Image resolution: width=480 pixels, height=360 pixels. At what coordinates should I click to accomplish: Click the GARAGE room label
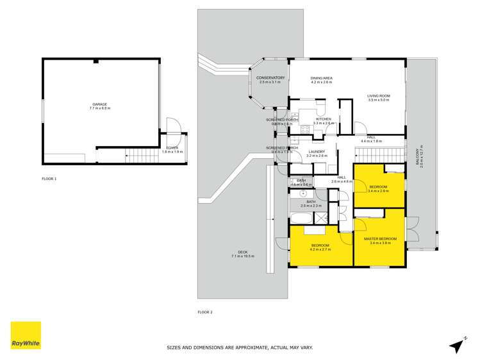[x=99, y=104]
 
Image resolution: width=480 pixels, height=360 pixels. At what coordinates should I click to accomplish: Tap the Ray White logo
[x=26, y=335]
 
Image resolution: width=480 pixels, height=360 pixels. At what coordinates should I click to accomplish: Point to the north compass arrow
[x=456, y=345]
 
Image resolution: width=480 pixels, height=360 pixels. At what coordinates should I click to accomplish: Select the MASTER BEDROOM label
[x=380, y=239]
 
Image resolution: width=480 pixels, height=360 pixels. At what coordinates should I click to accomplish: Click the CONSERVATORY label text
[x=270, y=78]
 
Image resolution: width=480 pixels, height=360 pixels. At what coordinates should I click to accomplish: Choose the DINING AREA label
[x=322, y=78]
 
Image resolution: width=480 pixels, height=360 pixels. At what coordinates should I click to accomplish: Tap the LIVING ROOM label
[x=379, y=96]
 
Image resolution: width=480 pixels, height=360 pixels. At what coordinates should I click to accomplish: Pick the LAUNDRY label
[x=317, y=152]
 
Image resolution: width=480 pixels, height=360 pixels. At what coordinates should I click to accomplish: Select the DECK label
[x=242, y=252]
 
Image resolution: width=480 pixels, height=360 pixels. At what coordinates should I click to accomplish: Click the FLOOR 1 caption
[x=49, y=179]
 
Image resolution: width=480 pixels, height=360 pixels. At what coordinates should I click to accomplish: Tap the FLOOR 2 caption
[x=204, y=312]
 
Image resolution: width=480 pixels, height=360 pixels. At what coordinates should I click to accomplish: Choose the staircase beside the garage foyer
[x=140, y=155]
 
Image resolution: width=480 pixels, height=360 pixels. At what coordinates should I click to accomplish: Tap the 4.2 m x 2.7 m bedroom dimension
[x=320, y=249]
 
